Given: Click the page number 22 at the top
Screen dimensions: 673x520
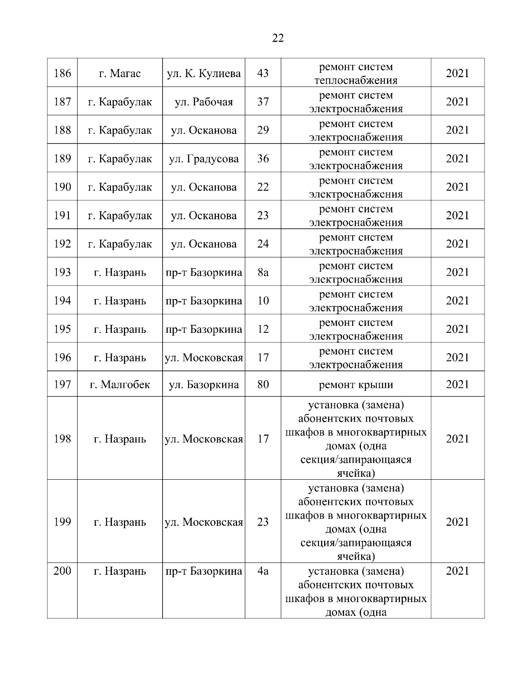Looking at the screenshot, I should click(x=278, y=38).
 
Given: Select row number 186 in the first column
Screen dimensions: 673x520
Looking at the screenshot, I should click(x=62, y=73).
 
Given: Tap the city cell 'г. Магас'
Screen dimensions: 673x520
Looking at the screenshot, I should click(x=120, y=73).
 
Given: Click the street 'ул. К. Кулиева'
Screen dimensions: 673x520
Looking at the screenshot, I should click(x=204, y=73).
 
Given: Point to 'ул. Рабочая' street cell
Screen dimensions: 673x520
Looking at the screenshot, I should click(x=204, y=102).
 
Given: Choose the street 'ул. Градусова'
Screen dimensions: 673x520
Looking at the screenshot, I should click(x=204, y=159).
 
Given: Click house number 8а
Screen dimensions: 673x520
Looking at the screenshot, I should click(x=263, y=272).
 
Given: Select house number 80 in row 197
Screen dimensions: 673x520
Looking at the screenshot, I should click(x=263, y=384).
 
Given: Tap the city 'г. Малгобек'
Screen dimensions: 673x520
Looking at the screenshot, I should click(x=120, y=384).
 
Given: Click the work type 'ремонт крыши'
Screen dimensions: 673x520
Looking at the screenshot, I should click(x=356, y=384).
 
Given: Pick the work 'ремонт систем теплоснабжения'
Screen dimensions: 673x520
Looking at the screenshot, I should click(x=356, y=74).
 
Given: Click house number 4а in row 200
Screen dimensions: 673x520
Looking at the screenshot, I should click(x=263, y=571).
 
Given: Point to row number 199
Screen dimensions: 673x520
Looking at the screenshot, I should click(x=62, y=522).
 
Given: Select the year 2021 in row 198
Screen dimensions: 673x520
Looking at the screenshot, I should click(x=458, y=439).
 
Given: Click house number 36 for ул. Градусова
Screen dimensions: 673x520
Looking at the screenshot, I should click(x=263, y=159).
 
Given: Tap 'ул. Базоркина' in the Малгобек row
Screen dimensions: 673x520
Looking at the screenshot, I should click(x=204, y=384).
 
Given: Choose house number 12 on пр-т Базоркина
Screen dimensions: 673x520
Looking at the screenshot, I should click(x=263, y=329).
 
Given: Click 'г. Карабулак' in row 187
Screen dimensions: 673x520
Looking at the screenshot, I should click(x=120, y=102).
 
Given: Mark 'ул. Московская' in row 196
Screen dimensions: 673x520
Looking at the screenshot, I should click(x=204, y=358).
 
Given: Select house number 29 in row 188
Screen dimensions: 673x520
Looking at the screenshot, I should click(x=263, y=130).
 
